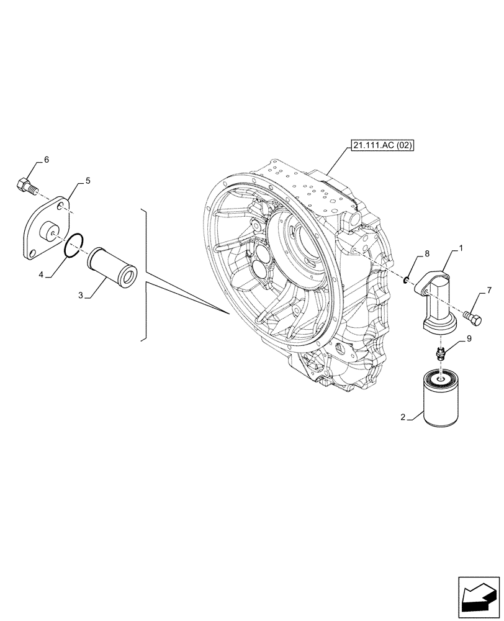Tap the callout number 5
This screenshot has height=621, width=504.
click(88, 181)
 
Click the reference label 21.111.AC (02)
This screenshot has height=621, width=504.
click(381, 146)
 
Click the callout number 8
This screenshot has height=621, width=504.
click(426, 255)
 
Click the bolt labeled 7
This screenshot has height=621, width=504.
click(473, 319)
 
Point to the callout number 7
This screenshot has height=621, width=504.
click(490, 290)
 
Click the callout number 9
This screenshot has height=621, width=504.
click(469, 339)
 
